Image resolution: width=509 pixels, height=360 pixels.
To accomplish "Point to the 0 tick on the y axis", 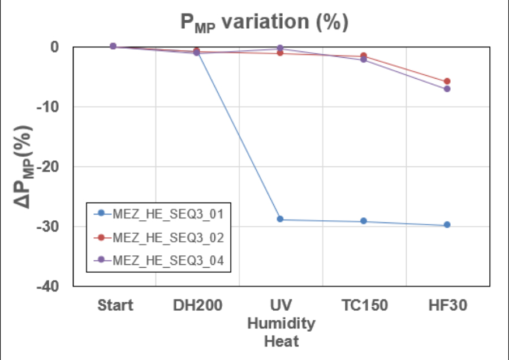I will (55, 46).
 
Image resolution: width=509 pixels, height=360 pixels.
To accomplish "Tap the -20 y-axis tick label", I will (49, 166).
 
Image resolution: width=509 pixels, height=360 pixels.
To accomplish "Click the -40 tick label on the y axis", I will (49, 286).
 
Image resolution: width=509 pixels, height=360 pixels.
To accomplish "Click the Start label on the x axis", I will (115, 306).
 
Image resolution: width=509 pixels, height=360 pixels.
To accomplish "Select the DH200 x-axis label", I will (197, 306).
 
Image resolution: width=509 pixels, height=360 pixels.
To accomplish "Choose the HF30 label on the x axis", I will (448, 306).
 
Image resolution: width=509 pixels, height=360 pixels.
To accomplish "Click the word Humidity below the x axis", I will (281, 324).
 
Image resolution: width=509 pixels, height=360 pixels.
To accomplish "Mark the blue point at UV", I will (280, 219).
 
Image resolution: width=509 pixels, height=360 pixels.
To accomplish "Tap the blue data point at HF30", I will (447, 225).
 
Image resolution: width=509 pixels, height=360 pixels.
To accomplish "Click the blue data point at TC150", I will (364, 221).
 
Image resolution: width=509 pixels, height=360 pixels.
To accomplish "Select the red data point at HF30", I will (447, 82).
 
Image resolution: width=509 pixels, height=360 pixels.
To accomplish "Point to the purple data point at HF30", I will (447, 89).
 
